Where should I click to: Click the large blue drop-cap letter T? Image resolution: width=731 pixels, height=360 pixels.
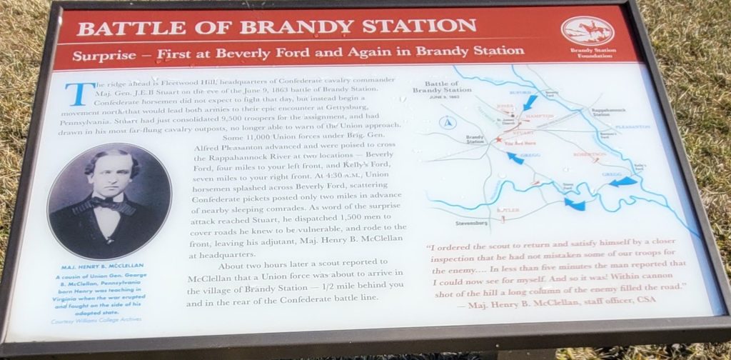tap(76, 94)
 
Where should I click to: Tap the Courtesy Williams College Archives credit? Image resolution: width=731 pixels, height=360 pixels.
tap(96, 319)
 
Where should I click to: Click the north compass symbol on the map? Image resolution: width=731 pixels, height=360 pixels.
tap(448, 123)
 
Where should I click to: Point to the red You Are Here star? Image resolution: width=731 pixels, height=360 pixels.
tap(498, 141)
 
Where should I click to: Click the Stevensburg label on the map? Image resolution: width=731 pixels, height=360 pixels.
tap(468, 224)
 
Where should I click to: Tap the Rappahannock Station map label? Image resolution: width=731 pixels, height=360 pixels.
tap(608, 113)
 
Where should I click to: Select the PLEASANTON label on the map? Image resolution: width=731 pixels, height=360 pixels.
tap(631, 127)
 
